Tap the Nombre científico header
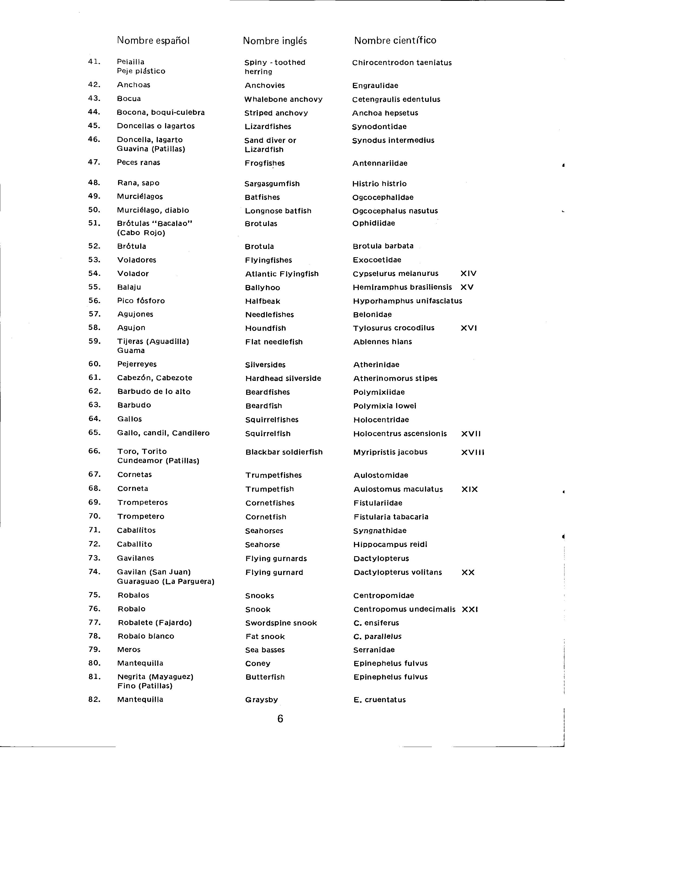click(395, 40)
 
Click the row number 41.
click(94, 62)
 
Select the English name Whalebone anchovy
click(283, 99)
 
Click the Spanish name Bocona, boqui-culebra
click(161, 113)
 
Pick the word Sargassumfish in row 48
click(272, 184)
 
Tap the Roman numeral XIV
click(468, 273)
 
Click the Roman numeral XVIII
click(472, 452)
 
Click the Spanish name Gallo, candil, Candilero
click(163, 433)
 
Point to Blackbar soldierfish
click(284, 452)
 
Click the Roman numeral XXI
click(470, 610)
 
